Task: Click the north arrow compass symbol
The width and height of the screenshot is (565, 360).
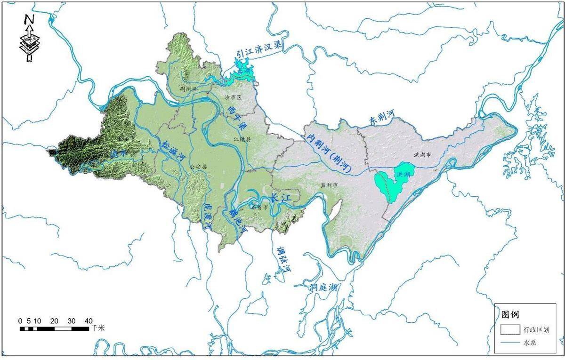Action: pos(29,38)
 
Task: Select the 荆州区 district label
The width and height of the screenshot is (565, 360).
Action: pos(190,88)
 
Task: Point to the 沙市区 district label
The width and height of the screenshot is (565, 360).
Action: pos(233,97)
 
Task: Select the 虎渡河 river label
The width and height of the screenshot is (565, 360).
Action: pos(207,217)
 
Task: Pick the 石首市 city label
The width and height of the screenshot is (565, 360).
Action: pos(260,207)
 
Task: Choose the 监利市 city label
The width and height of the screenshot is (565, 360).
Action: pos(329,185)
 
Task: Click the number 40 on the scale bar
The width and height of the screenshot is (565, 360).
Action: pos(89,321)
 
